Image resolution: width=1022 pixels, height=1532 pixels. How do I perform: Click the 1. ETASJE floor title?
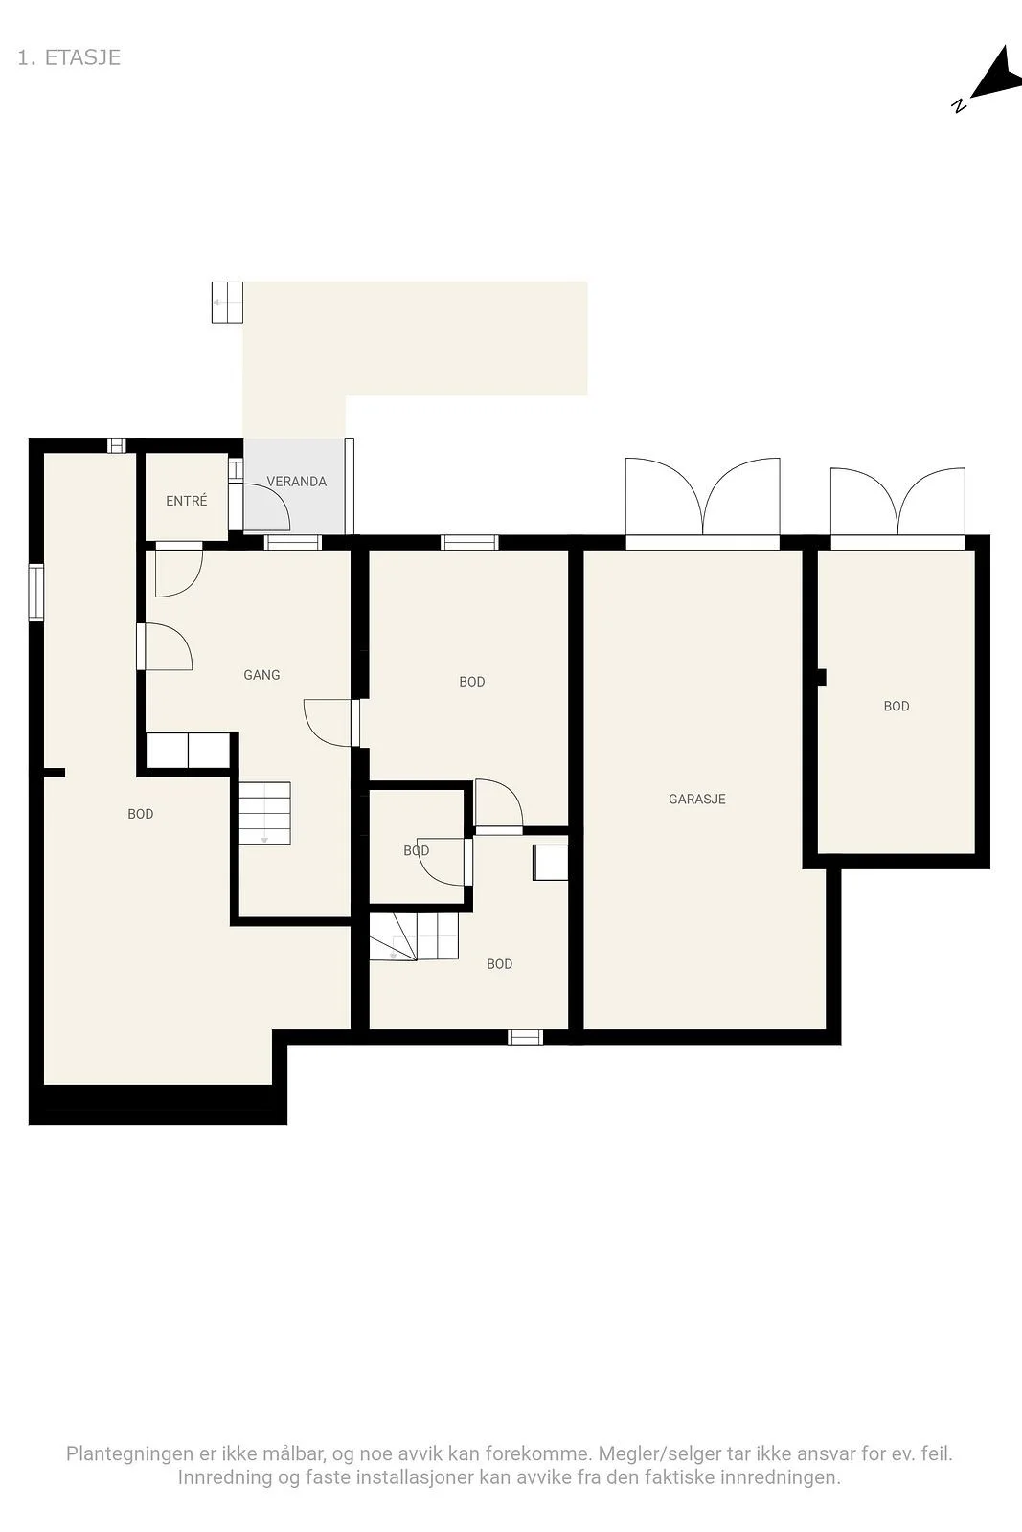[x=69, y=57]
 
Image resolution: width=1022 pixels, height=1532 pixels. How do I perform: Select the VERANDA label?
[x=296, y=482]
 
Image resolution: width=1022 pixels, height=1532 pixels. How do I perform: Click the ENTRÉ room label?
[x=186, y=501]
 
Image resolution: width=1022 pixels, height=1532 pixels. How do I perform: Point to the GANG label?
[x=261, y=675]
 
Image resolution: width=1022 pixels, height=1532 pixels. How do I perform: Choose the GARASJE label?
[x=697, y=799]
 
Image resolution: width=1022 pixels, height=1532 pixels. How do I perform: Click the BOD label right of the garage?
[x=897, y=706]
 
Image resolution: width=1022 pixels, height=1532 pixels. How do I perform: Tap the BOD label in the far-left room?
[x=140, y=814]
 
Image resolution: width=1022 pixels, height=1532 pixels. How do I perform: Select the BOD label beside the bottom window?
[x=499, y=963]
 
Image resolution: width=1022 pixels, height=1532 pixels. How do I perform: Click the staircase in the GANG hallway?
[x=264, y=813]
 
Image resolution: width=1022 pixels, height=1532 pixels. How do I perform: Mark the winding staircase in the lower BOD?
[x=413, y=937]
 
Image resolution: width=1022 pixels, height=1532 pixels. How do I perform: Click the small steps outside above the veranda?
[x=227, y=302]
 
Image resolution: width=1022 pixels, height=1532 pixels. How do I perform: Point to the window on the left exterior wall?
[x=35, y=593]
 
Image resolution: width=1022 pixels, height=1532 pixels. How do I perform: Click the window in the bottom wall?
[x=525, y=1037]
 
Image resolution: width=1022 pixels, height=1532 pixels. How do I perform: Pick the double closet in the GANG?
[x=188, y=751]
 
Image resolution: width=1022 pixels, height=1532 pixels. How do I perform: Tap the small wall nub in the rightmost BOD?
[x=822, y=677]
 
